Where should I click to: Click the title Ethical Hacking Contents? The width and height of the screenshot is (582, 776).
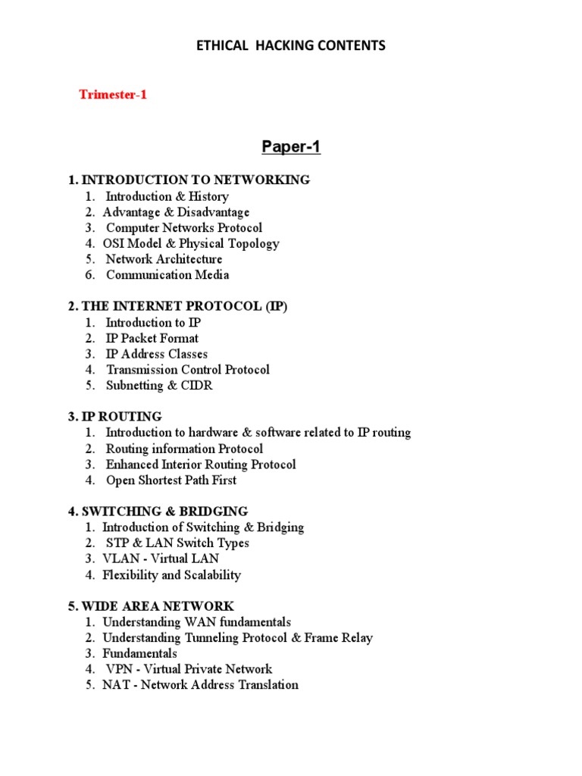click(291, 46)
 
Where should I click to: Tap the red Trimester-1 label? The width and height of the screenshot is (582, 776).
click(113, 95)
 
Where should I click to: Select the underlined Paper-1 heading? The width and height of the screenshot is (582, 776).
click(291, 147)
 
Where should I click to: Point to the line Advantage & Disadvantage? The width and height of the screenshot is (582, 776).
click(176, 212)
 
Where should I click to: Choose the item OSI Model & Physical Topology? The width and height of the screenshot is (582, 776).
click(191, 244)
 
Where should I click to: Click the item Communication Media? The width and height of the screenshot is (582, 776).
click(167, 275)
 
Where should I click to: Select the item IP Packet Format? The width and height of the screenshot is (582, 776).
click(152, 338)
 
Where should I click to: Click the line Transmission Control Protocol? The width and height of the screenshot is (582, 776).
click(187, 370)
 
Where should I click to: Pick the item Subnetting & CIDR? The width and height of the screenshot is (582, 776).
click(159, 386)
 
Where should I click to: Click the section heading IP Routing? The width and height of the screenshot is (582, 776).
click(114, 417)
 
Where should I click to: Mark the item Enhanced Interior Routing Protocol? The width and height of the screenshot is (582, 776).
click(200, 465)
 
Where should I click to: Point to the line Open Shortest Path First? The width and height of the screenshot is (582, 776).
click(171, 480)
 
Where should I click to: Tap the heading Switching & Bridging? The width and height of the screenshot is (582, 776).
click(158, 512)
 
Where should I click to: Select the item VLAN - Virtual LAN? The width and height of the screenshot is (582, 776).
click(161, 559)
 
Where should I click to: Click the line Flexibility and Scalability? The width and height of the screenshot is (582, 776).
click(171, 575)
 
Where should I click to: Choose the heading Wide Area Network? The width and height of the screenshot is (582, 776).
click(151, 606)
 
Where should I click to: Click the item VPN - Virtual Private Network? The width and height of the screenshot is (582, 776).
click(189, 669)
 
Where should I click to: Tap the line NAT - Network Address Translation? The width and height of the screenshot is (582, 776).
click(200, 685)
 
